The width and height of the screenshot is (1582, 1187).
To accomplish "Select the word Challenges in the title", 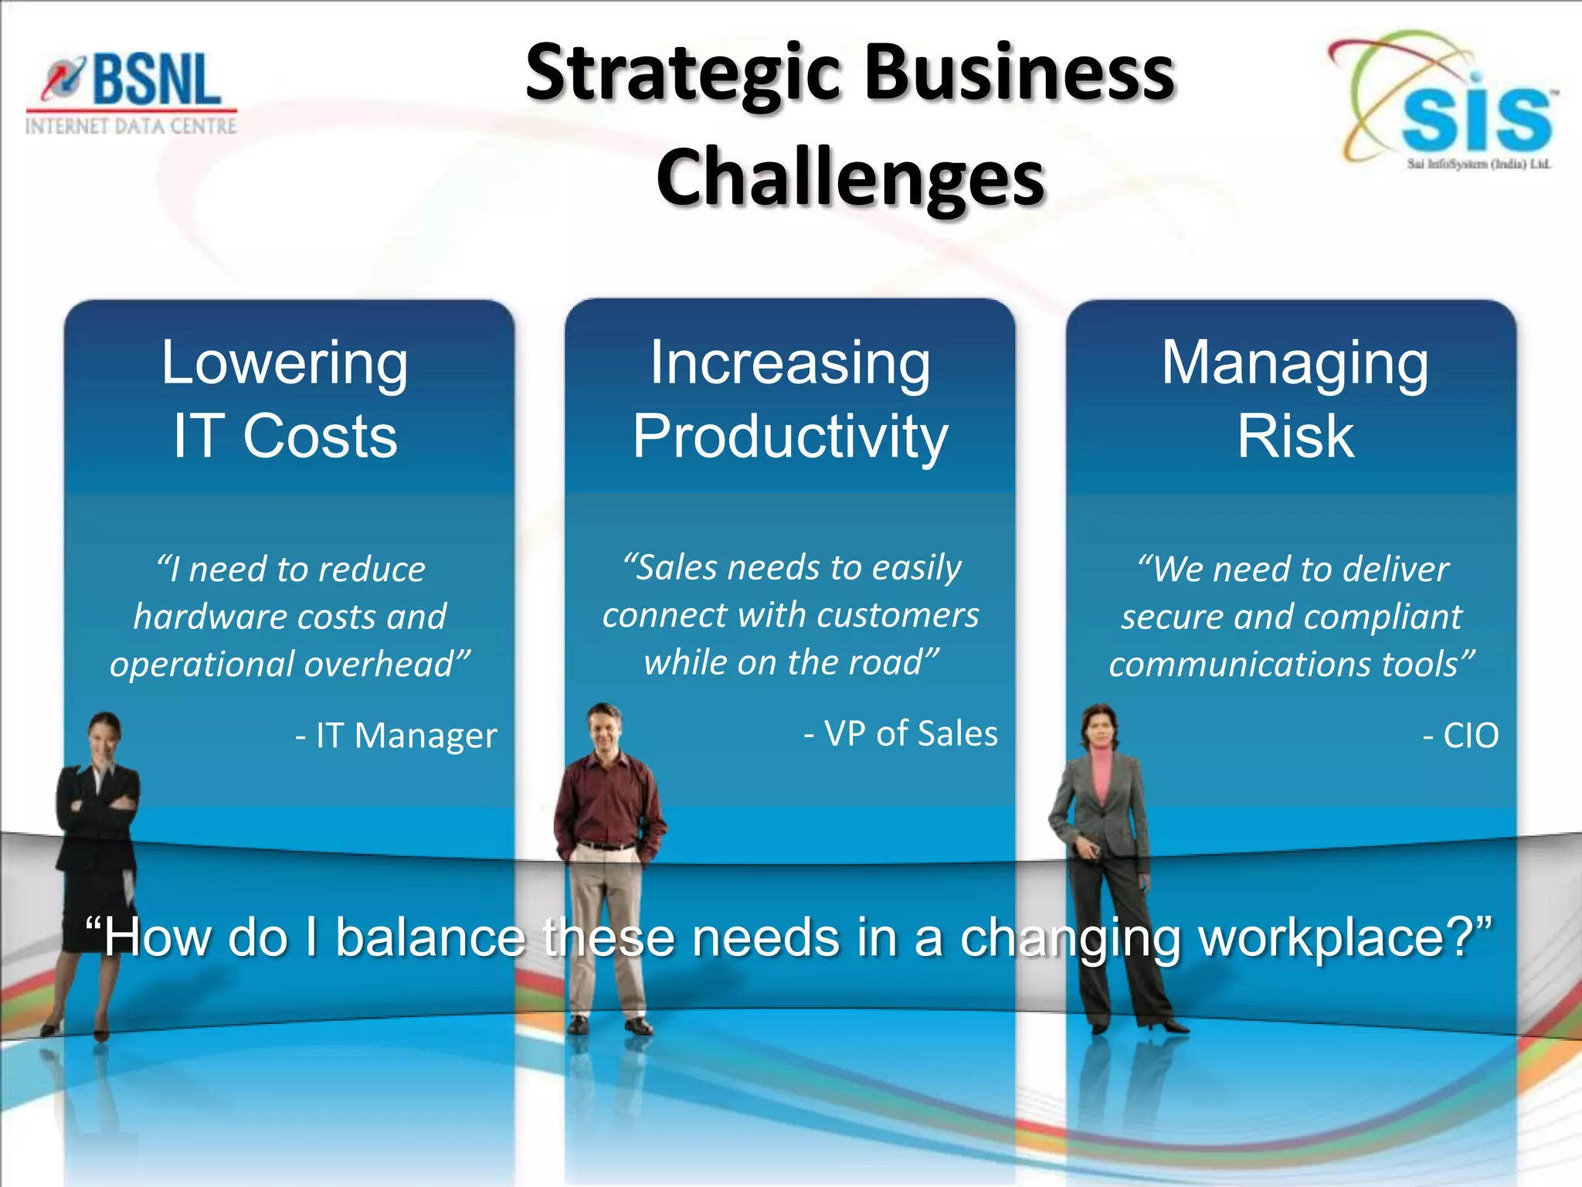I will click(850, 178).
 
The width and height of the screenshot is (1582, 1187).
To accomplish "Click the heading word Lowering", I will click(284, 363).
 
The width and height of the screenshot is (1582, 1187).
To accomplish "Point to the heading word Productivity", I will click(789, 437).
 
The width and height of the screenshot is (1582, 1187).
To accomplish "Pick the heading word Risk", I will click(1295, 437).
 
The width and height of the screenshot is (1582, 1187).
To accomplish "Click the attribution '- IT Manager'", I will click(395, 735).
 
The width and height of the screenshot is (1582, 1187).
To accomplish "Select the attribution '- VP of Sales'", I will click(901, 733).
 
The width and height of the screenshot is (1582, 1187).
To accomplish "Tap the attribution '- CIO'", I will click(1460, 735).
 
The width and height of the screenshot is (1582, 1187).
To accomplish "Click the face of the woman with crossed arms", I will click(105, 733).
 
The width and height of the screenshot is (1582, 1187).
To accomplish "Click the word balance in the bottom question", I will click(430, 937).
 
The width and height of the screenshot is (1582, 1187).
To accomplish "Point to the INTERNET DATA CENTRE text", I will click(131, 126).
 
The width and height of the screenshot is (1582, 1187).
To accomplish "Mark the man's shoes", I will click(610, 1025).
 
